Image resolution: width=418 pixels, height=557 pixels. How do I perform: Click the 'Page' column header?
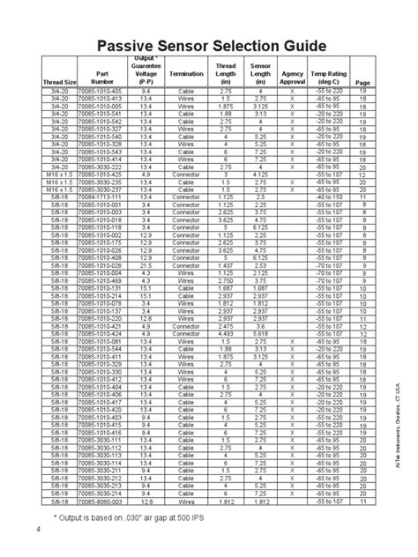pyautogui.click(x=362, y=84)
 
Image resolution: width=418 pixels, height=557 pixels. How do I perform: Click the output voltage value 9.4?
pyautogui.click(x=146, y=92)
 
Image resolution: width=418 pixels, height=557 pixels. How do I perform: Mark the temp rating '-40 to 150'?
pyautogui.click(x=333, y=197)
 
